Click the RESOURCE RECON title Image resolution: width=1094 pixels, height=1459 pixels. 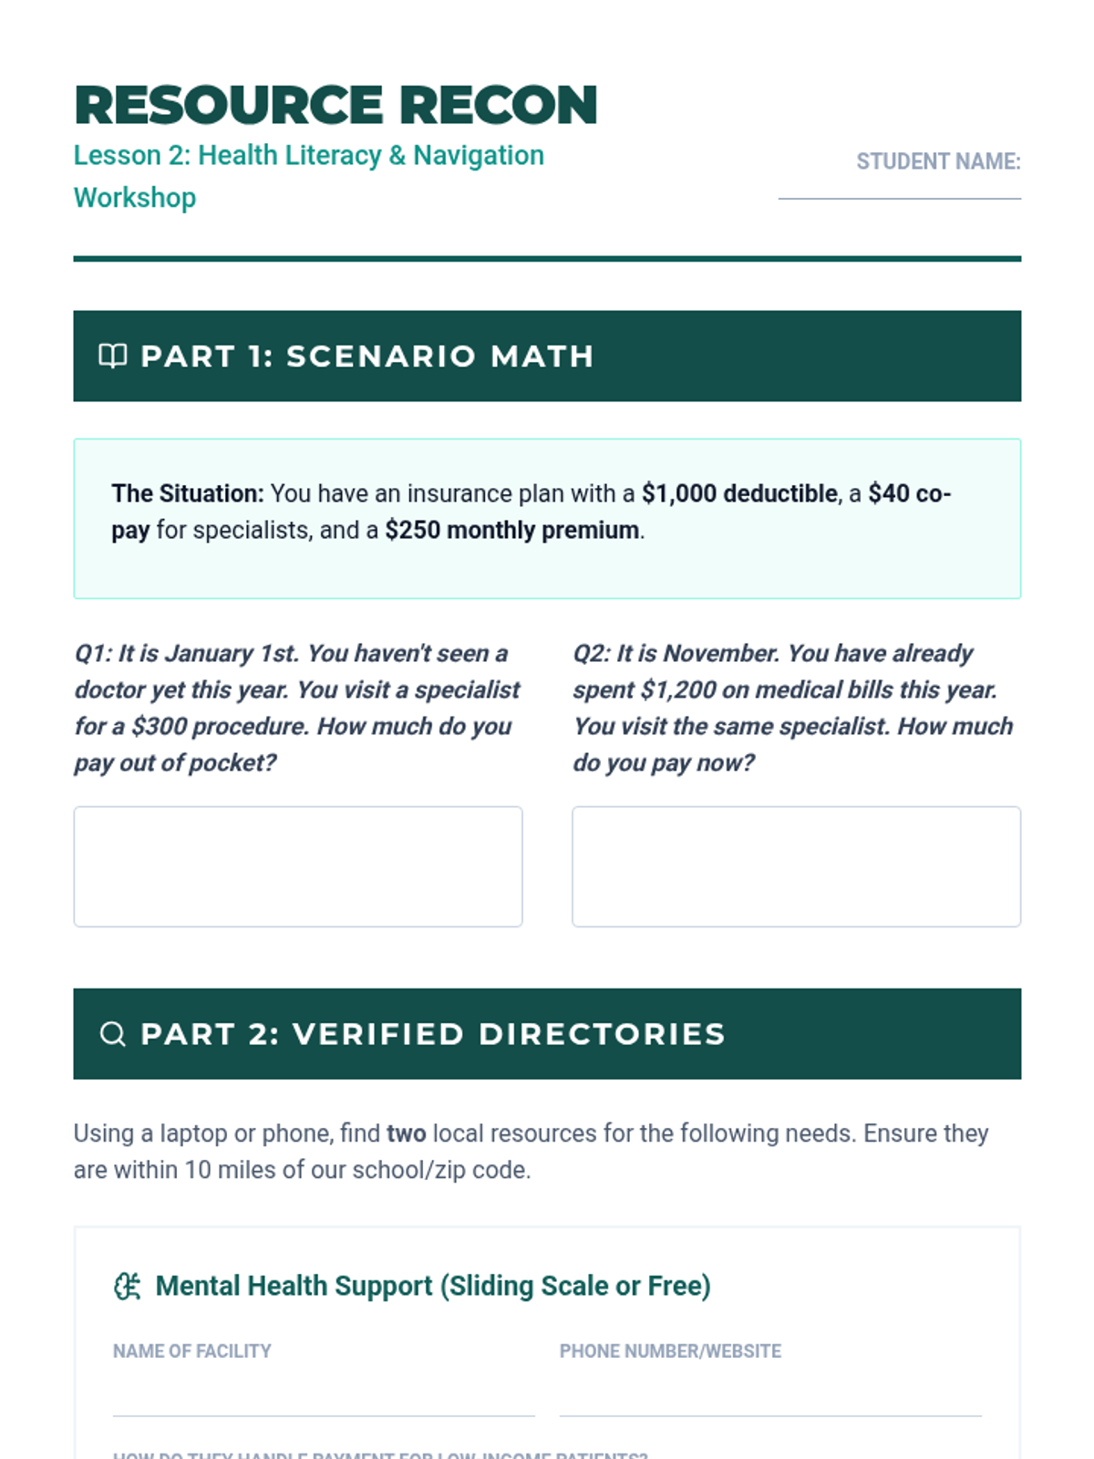(x=335, y=105)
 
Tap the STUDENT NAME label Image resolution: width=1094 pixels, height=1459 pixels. (x=937, y=161)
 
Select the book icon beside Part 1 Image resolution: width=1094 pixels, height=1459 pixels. (x=112, y=356)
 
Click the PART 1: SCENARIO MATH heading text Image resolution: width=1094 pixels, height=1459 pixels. (x=366, y=356)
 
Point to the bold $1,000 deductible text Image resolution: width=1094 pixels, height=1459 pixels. (x=739, y=493)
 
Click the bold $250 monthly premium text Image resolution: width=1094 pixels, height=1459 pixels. (x=511, y=530)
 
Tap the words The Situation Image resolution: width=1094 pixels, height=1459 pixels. (x=187, y=493)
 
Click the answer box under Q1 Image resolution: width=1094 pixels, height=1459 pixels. (x=298, y=866)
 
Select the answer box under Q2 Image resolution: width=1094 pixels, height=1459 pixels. (x=796, y=866)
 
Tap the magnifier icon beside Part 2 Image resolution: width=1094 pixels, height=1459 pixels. (x=112, y=1034)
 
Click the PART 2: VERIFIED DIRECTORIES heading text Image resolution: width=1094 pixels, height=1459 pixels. (x=433, y=1034)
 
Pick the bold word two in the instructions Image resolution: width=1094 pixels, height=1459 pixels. (x=407, y=1133)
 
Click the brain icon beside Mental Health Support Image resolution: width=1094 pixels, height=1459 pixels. (x=127, y=1287)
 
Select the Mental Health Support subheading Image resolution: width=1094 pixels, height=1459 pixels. (x=433, y=1286)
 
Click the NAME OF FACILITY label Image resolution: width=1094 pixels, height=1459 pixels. (x=192, y=1351)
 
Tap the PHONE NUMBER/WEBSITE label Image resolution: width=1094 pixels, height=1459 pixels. (x=670, y=1351)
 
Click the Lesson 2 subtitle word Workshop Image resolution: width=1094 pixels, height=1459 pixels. (x=135, y=198)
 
